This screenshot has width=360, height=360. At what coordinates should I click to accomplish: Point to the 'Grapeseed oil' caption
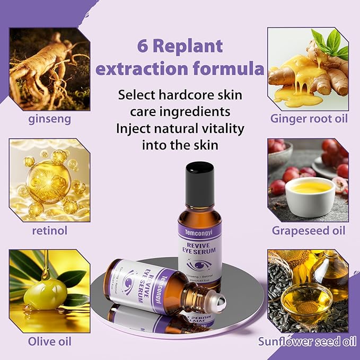point(308,231)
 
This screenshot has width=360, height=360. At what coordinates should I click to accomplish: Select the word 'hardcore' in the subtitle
point(195,95)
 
